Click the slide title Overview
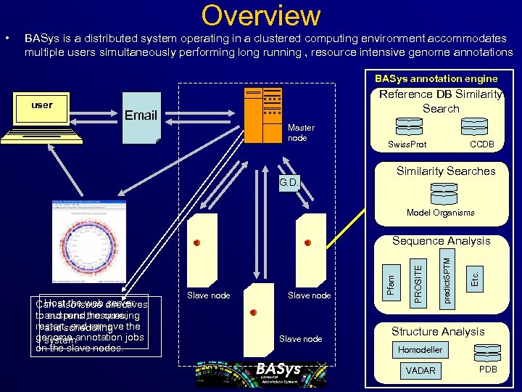(x=261, y=15)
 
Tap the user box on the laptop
(x=42, y=105)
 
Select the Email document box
(x=141, y=115)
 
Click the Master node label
(x=302, y=133)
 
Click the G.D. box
(x=289, y=182)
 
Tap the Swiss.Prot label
(x=407, y=144)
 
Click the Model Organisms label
(x=441, y=213)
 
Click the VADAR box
(x=421, y=370)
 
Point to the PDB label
(x=489, y=369)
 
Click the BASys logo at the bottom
(x=261, y=374)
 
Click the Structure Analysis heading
(x=438, y=332)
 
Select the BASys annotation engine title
(x=436, y=78)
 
